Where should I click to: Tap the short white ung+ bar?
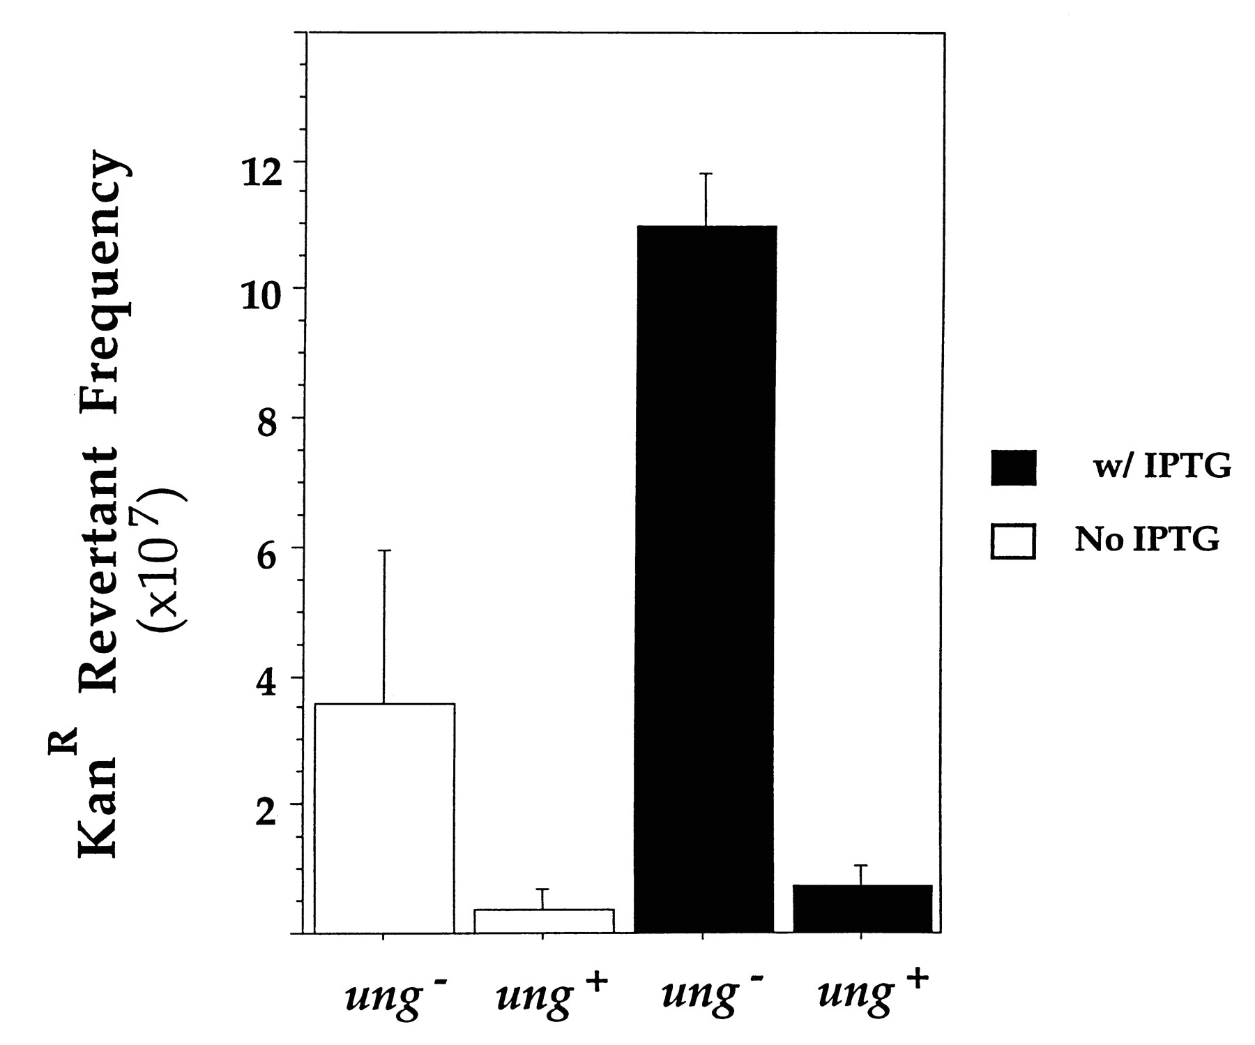pos(543,921)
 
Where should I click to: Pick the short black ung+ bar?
pos(862,908)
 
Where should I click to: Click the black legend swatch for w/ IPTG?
pos(1013,467)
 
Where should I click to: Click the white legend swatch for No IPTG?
pos(1012,540)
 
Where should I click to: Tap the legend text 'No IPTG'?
pos(1147,539)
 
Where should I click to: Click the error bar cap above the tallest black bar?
pos(706,173)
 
